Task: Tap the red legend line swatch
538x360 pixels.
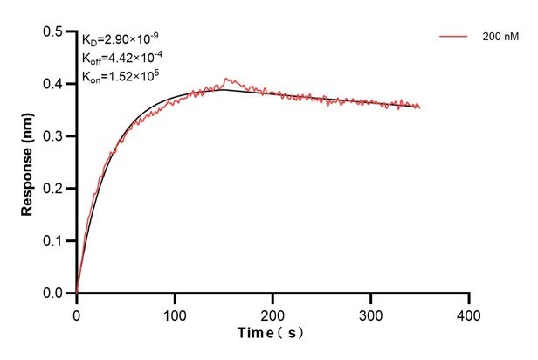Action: point(453,38)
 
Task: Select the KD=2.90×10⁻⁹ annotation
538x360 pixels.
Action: point(121,39)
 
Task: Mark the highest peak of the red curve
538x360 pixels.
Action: point(225,78)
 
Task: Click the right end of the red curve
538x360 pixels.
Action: point(420,107)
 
